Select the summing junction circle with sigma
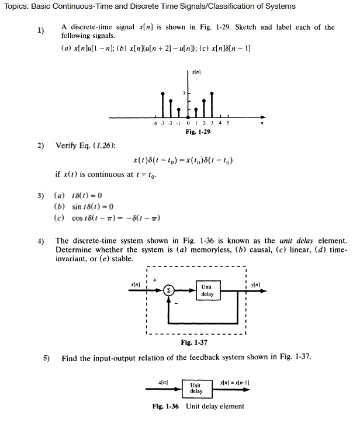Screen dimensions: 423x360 pos(169,290)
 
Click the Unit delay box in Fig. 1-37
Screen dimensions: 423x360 pos(206,290)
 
